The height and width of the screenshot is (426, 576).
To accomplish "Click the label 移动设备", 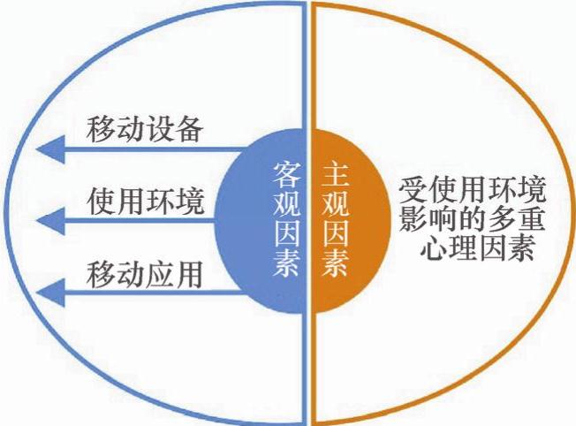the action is tap(146, 131).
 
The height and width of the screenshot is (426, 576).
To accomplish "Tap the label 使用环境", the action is tap(146, 203).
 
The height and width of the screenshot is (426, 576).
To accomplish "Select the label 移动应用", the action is tap(146, 275).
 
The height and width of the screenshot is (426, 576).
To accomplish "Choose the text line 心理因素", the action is tap(477, 249).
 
